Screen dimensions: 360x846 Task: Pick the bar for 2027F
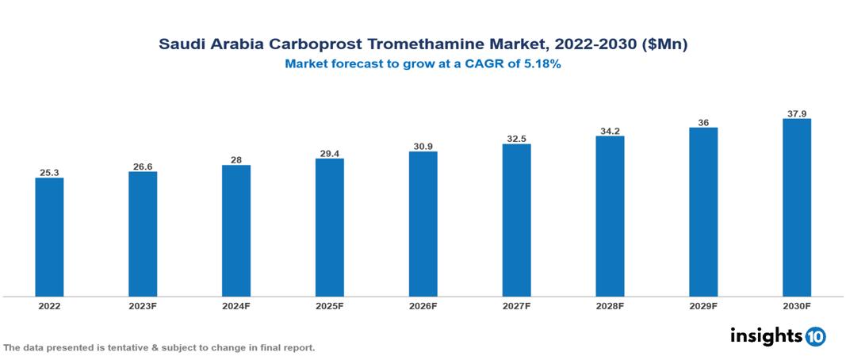click(516, 220)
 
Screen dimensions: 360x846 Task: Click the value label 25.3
click(49, 172)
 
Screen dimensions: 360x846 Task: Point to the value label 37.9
click(796, 113)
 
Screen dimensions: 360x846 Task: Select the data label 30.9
click(423, 146)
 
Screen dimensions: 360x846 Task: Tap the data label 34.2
click(610, 131)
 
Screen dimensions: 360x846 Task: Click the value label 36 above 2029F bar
click(703, 122)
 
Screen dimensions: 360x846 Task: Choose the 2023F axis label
click(143, 305)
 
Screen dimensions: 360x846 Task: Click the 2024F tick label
click(236, 305)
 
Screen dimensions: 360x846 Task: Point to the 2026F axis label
click(423, 305)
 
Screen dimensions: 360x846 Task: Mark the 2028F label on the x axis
click(610, 305)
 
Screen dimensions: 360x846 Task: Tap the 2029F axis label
click(703, 305)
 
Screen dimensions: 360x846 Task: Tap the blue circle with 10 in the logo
click(815, 336)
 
